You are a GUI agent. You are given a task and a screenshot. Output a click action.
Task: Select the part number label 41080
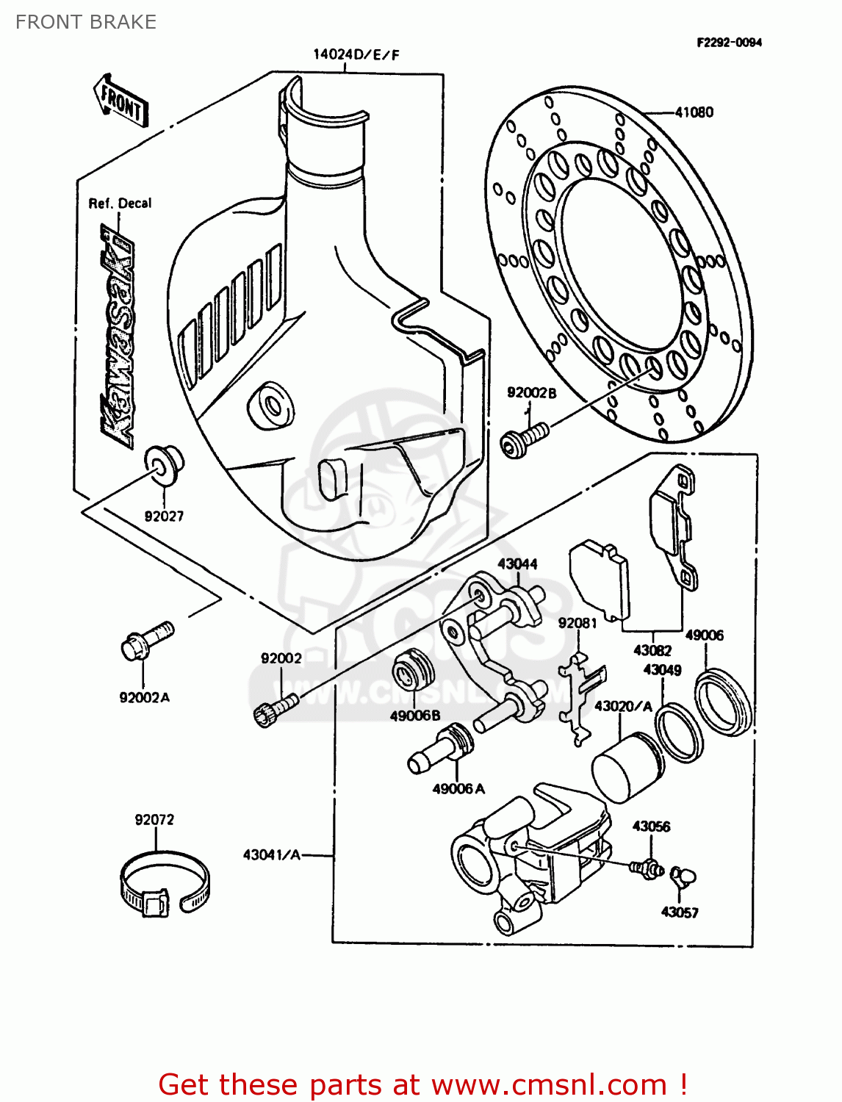[x=694, y=112]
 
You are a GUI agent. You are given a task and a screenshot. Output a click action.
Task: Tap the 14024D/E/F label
[x=356, y=54]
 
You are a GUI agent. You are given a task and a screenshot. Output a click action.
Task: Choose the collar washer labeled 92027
[x=163, y=463]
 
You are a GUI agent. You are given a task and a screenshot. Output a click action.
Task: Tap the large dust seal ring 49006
[x=724, y=702]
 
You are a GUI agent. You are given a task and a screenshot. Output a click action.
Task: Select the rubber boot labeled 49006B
[x=412, y=670]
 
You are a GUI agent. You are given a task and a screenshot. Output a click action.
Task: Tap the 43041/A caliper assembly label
[x=272, y=855]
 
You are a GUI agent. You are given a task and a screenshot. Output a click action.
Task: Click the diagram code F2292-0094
[x=729, y=43]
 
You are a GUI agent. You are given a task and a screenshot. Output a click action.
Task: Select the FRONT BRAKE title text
[x=86, y=22]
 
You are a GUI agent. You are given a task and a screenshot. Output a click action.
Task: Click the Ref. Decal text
[x=120, y=204]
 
